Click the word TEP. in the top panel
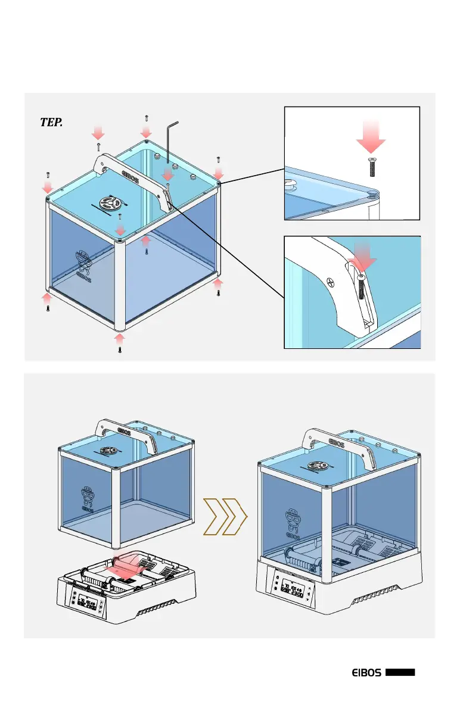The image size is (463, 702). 51,122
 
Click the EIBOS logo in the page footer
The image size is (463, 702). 365,672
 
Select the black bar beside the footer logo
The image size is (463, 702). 400,672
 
